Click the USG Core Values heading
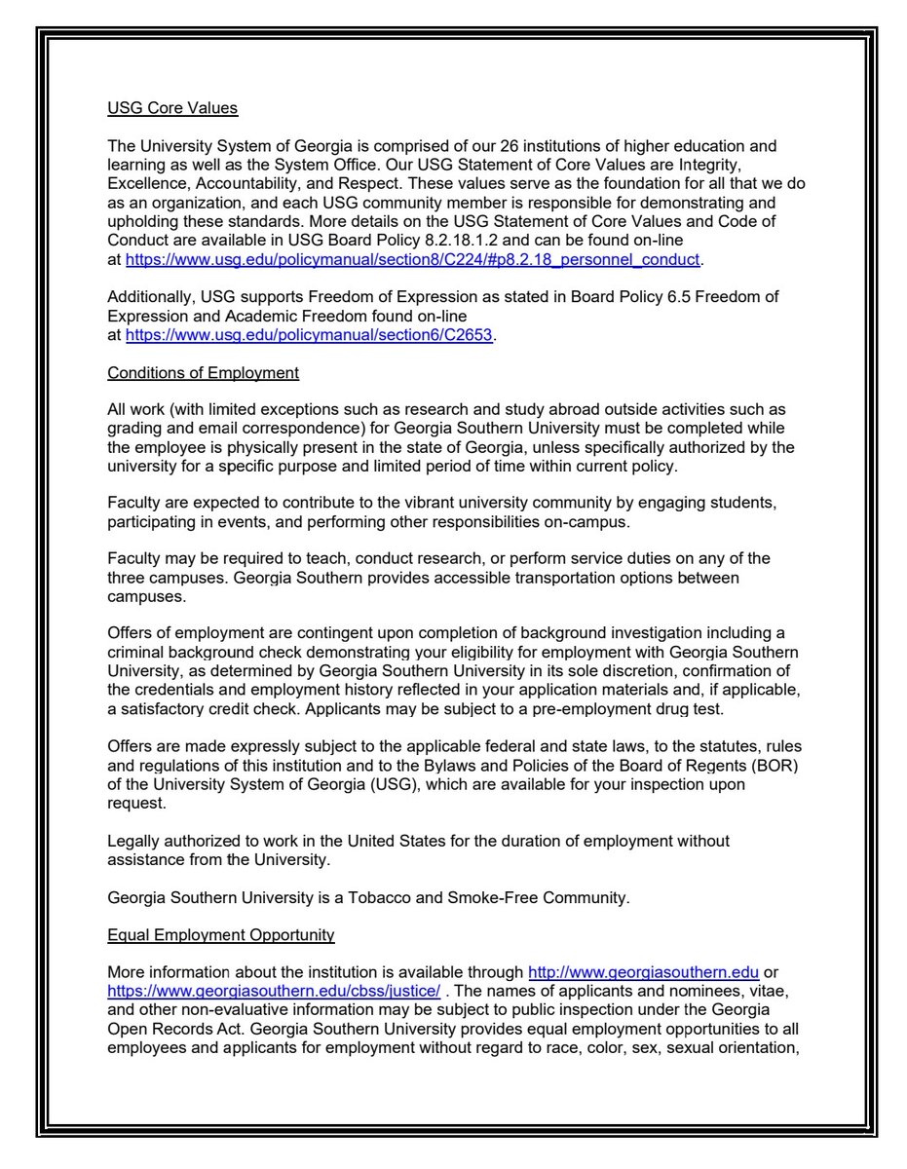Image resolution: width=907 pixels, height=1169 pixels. point(172,108)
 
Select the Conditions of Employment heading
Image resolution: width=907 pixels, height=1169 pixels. point(203,373)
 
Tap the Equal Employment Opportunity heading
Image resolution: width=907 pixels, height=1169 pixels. point(221,935)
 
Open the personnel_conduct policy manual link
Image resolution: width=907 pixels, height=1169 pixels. point(413,260)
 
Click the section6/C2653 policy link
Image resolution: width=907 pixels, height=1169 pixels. point(311,335)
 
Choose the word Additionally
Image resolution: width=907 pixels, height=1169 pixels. point(151,296)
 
